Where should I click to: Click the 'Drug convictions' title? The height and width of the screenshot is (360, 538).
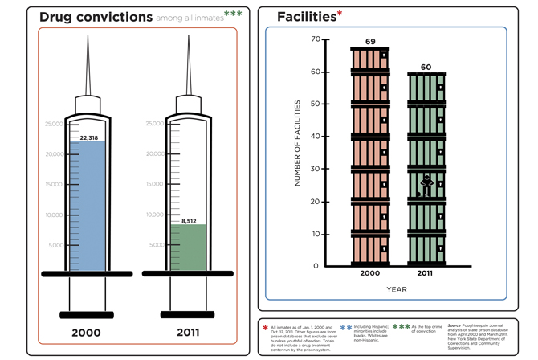pyautogui.click(x=96, y=16)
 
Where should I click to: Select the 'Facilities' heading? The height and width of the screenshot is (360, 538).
pyautogui.click(x=305, y=16)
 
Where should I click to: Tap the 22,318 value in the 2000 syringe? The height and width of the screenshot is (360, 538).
pyautogui.click(x=88, y=138)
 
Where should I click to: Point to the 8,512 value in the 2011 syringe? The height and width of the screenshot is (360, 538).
pyautogui.click(x=189, y=220)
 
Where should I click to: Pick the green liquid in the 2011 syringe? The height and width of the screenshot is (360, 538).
pyautogui.click(x=188, y=249)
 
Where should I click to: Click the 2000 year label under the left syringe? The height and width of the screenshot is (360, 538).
pyautogui.click(x=87, y=333)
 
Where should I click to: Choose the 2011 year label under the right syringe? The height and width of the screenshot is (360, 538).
pyautogui.click(x=187, y=333)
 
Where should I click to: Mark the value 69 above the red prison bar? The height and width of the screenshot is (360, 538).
pyautogui.click(x=370, y=42)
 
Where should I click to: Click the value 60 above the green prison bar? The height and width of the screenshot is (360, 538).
pyautogui.click(x=426, y=67)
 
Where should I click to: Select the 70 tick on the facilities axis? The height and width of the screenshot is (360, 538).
pyautogui.click(x=315, y=39)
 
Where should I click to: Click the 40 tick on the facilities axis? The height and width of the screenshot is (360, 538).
pyautogui.click(x=315, y=137)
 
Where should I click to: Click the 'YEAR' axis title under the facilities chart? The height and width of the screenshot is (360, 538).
pyautogui.click(x=397, y=289)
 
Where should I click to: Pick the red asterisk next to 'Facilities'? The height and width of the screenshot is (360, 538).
pyautogui.click(x=339, y=14)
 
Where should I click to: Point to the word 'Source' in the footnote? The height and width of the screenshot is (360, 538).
pyautogui.click(x=455, y=325)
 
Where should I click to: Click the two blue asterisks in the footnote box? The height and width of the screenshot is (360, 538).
pyautogui.click(x=346, y=328)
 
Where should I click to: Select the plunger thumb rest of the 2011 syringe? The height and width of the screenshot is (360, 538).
pyautogui.click(x=187, y=314)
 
